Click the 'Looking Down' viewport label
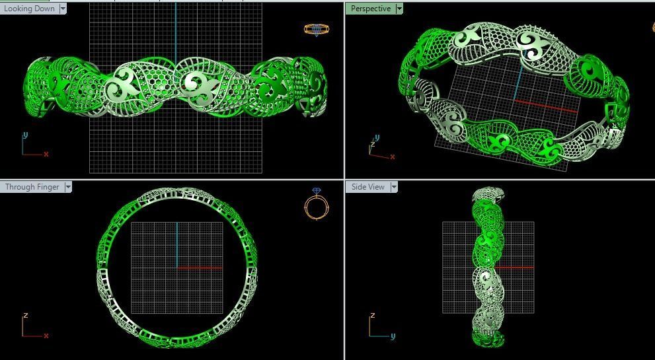tap(30, 9)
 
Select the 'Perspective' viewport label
tap(370, 9)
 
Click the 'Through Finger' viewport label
tap(32, 187)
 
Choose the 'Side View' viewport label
tap(367, 187)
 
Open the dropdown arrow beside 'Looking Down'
tap(63, 9)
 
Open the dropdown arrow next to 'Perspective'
tap(399, 9)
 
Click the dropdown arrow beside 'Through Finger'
tap(68, 187)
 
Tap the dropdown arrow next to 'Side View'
tap(394, 187)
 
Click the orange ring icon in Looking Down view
tap(315, 30)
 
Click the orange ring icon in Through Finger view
tap(317, 204)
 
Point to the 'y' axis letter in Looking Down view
tap(25, 135)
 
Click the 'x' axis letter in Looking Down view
tap(46, 154)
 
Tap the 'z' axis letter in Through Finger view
tap(25, 316)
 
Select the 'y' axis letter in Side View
tap(393, 336)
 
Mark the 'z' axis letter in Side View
tap(371, 316)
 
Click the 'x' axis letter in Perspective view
tap(393, 157)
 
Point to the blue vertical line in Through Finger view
tap(177, 244)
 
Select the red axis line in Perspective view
tap(545, 106)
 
